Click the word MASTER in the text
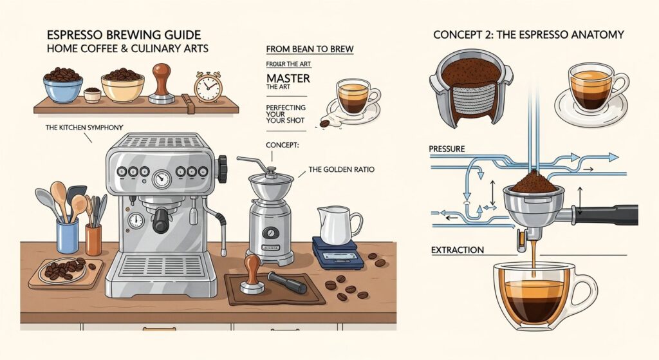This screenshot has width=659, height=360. [287, 79]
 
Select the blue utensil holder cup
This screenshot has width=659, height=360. [67, 236]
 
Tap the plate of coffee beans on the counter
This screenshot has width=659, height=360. [64, 270]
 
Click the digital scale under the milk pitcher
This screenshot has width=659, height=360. [334, 252]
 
